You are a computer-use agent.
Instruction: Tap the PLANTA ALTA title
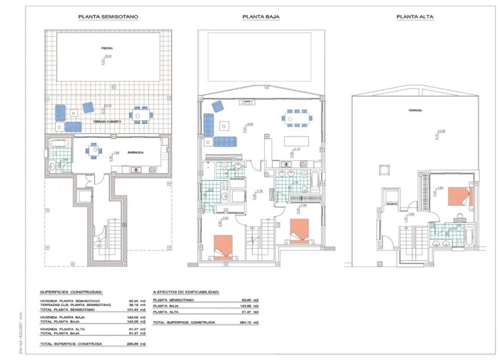(x=415, y=17)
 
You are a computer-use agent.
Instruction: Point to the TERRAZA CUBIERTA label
(x=108, y=121)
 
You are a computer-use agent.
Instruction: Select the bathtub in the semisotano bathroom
(x=59, y=143)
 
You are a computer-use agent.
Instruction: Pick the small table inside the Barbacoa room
(x=92, y=151)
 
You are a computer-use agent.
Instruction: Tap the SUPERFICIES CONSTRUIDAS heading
(x=71, y=291)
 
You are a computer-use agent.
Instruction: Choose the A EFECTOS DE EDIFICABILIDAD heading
(x=186, y=291)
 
